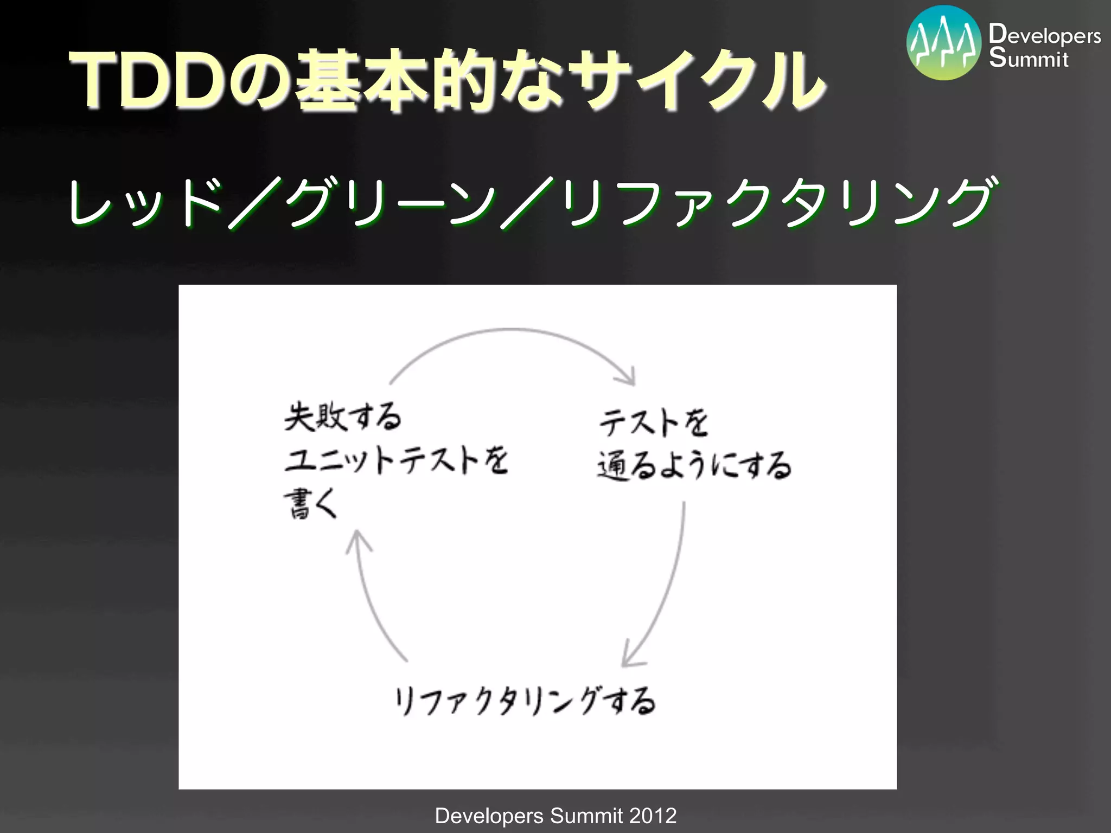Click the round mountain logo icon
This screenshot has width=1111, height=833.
click(943, 43)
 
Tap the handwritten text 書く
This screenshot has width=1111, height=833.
click(311, 504)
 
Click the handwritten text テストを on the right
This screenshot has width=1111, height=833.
click(654, 422)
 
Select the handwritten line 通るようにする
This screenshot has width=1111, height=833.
click(694, 466)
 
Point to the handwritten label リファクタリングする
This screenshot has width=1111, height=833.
click(525, 701)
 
